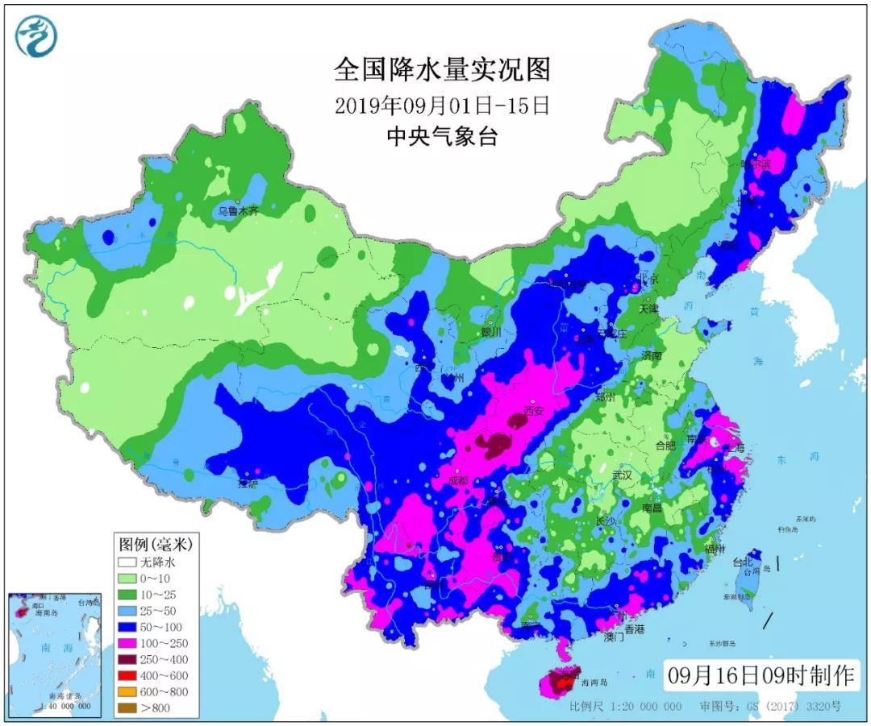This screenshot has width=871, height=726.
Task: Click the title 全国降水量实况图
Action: click(442, 69)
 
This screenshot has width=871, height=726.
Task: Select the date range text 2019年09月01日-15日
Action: click(442, 106)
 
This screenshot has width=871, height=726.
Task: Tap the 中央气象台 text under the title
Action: click(442, 137)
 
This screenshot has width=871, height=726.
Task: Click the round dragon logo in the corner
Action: click(36, 36)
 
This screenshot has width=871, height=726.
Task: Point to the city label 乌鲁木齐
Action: click(239, 212)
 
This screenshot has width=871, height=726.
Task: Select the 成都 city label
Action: click(457, 480)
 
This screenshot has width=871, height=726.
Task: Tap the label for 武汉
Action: click(622, 476)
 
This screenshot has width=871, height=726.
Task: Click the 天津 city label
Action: click(648, 309)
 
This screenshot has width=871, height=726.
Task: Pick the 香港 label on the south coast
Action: click(635, 629)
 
